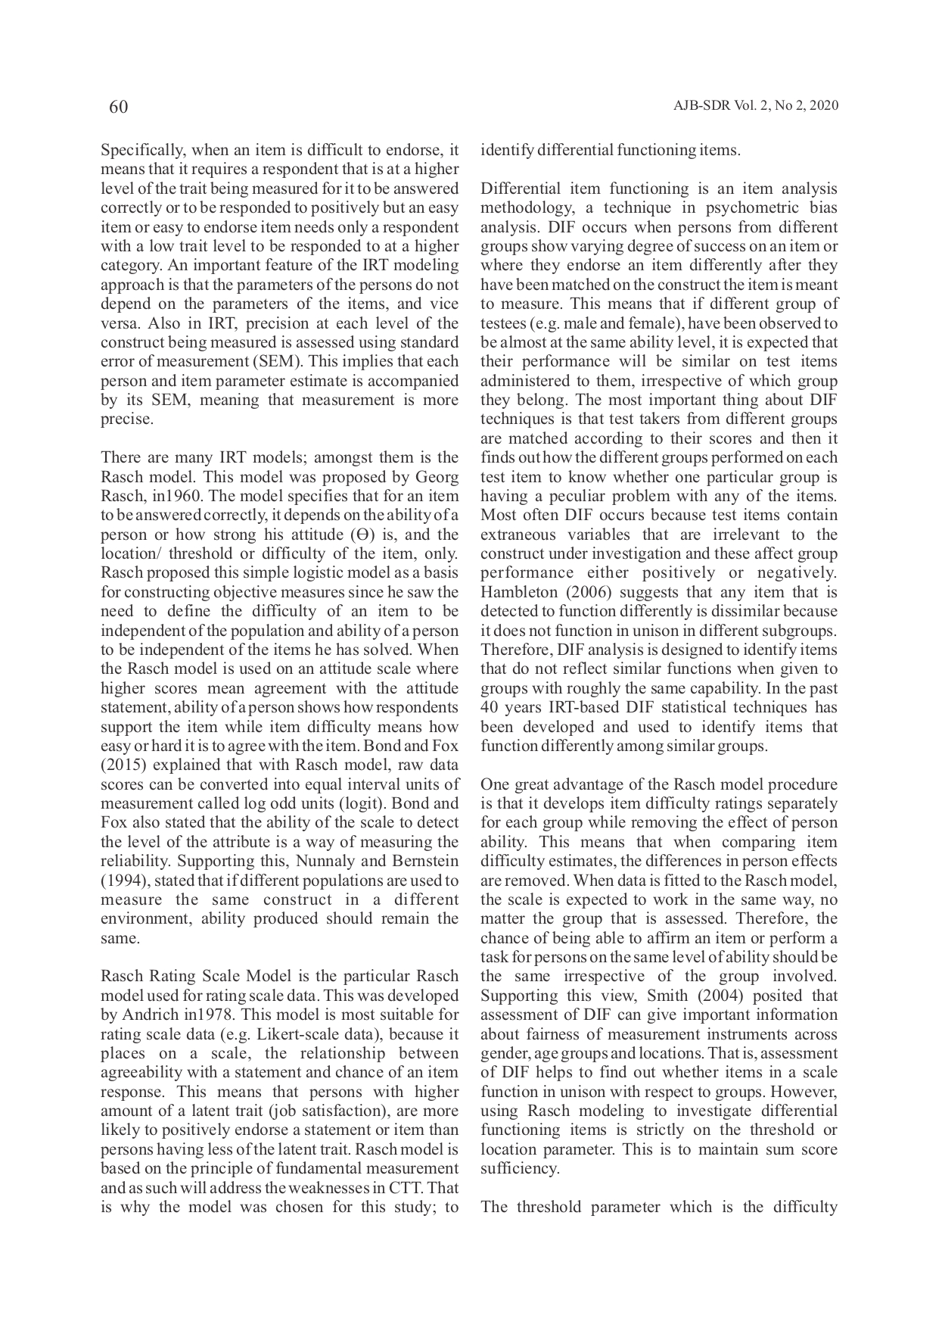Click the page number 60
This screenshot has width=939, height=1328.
click(118, 107)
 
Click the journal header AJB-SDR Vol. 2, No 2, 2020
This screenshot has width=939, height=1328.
click(755, 106)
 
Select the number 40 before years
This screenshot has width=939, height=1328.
click(489, 707)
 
